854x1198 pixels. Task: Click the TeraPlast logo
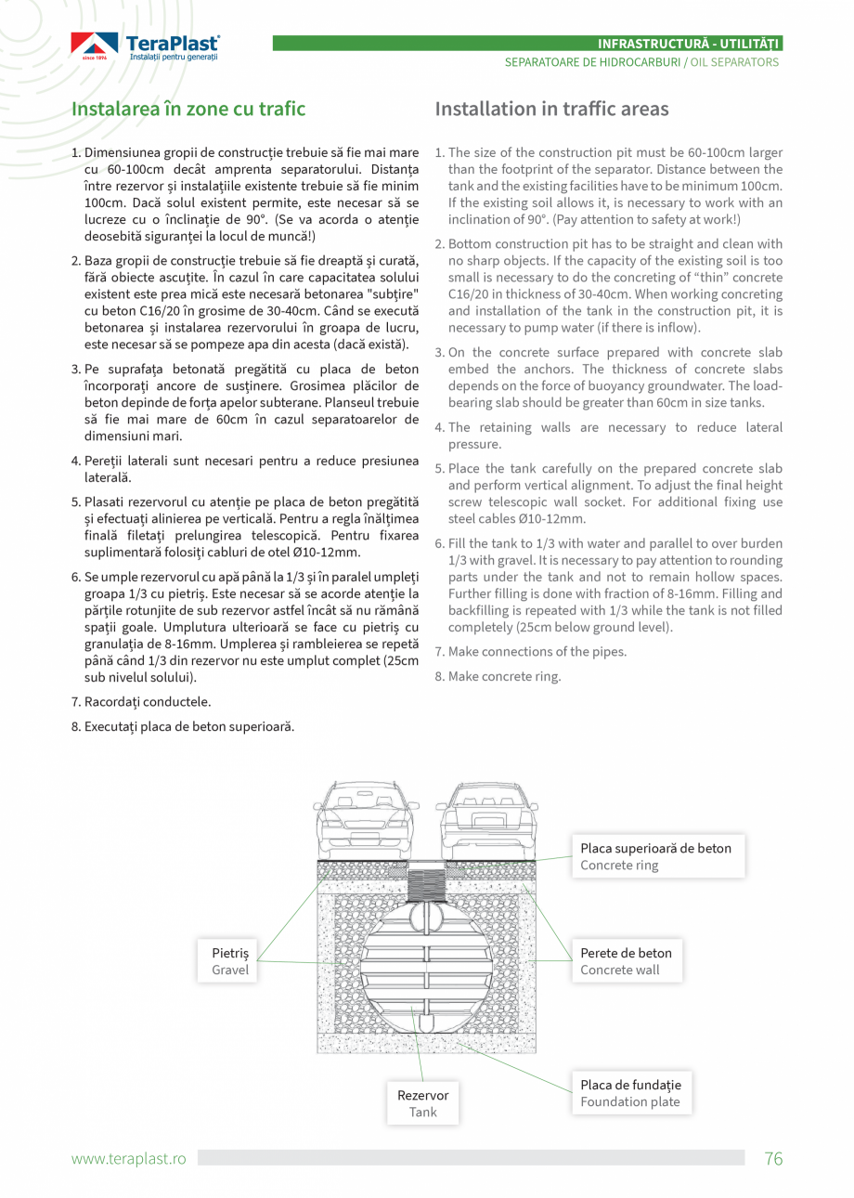pyautogui.click(x=146, y=46)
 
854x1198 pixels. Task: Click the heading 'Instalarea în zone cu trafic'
pyautogui.click(x=188, y=110)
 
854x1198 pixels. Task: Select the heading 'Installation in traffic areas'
pyautogui.click(x=551, y=110)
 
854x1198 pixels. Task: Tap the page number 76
pyautogui.click(x=773, y=1158)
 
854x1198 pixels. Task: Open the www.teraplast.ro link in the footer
pyautogui.click(x=129, y=1159)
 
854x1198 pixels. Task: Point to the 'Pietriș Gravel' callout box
pyautogui.click(x=230, y=961)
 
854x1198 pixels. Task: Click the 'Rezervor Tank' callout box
pyautogui.click(x=422, y=1103)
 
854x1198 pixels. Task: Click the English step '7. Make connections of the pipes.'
pyautogui.click(x=531, y=652)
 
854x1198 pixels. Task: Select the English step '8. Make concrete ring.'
pyautogui.click(x=498, y=676)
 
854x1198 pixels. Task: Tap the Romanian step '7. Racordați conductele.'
pyautogui.click(x=141, y=702)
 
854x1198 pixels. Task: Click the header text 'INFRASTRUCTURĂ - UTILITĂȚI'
pyautogui.click(x=689, y=44)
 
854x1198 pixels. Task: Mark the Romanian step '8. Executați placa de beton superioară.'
pyautogui.click(x=183, y=726)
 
